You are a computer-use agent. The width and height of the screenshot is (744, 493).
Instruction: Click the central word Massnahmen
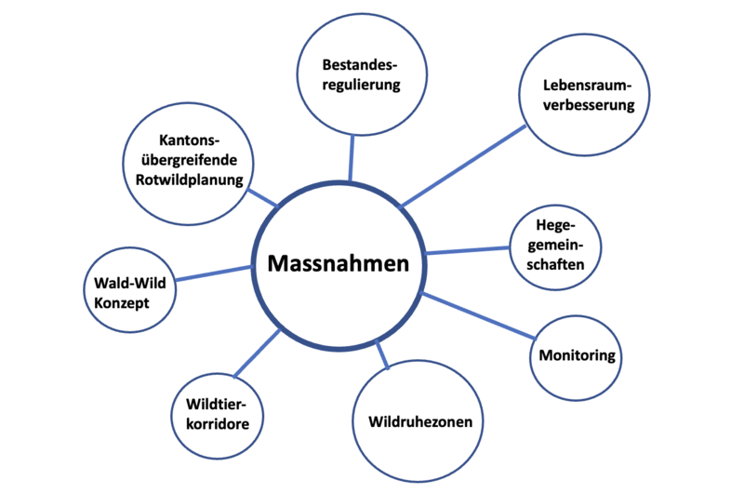[x=339, y=264]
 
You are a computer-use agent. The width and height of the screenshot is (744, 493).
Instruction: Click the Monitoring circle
[x=577, y=356]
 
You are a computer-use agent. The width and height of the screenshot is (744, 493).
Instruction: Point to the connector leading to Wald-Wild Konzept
[x=214, y=273]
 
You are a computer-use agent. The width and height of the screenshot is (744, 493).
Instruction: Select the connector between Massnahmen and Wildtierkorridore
[x=257, y=353]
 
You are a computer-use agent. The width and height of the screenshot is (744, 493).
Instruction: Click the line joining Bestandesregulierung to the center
[x=352, y=156]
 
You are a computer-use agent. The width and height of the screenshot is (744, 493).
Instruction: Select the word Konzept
[x=121, y=302]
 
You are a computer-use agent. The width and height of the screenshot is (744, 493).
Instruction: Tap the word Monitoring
[x=577, y=356]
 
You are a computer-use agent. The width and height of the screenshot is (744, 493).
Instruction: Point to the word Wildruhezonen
[x=419, y=422]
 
